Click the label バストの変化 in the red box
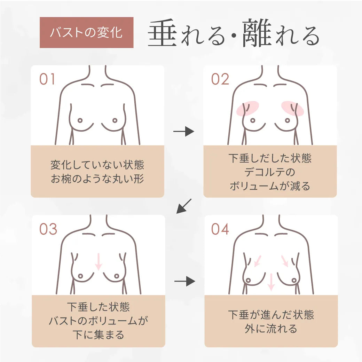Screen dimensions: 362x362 coord(86,33)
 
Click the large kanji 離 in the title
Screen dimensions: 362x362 coord(257,34)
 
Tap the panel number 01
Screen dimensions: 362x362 coord(47,79)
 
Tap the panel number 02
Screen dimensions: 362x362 coord(220,79)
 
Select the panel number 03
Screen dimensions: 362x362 coord(48,229)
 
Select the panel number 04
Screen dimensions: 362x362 coord(220,229)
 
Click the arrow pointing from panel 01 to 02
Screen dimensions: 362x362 coord(183,132)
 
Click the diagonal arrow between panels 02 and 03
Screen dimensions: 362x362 coord(184,206)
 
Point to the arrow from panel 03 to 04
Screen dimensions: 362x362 coord(184,281)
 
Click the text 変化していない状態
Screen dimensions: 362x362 coord(97,165)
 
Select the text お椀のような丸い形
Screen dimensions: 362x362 coord(97,179)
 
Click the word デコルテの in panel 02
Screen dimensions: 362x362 coord(270,172)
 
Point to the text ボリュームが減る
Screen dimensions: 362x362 coord(270,186)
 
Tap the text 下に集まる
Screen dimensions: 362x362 coord(98,335)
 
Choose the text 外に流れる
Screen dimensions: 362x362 coord(271,329)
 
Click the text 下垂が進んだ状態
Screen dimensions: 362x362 coord(271,315)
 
